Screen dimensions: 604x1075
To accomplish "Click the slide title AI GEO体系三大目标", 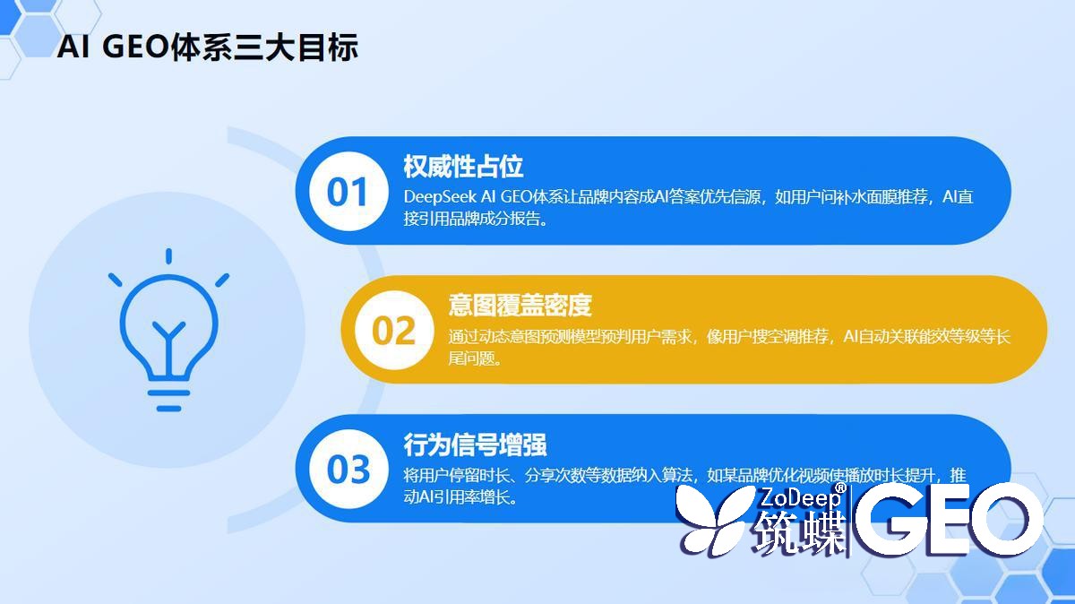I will (207, 47).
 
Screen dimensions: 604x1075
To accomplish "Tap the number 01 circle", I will (348, 192).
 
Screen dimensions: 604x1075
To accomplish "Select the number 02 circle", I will (393, 331).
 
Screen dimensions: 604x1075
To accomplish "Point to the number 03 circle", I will (348, 470).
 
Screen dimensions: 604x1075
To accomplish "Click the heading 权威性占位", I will (463, 167).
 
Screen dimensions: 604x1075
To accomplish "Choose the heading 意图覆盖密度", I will (520, 306).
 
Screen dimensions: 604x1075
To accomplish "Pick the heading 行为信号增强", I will (475, 444).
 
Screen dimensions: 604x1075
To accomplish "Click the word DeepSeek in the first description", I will (440, 197).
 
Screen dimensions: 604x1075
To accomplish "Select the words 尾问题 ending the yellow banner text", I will (475, 358).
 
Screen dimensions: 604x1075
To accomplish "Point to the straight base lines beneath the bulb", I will (168, 400).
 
